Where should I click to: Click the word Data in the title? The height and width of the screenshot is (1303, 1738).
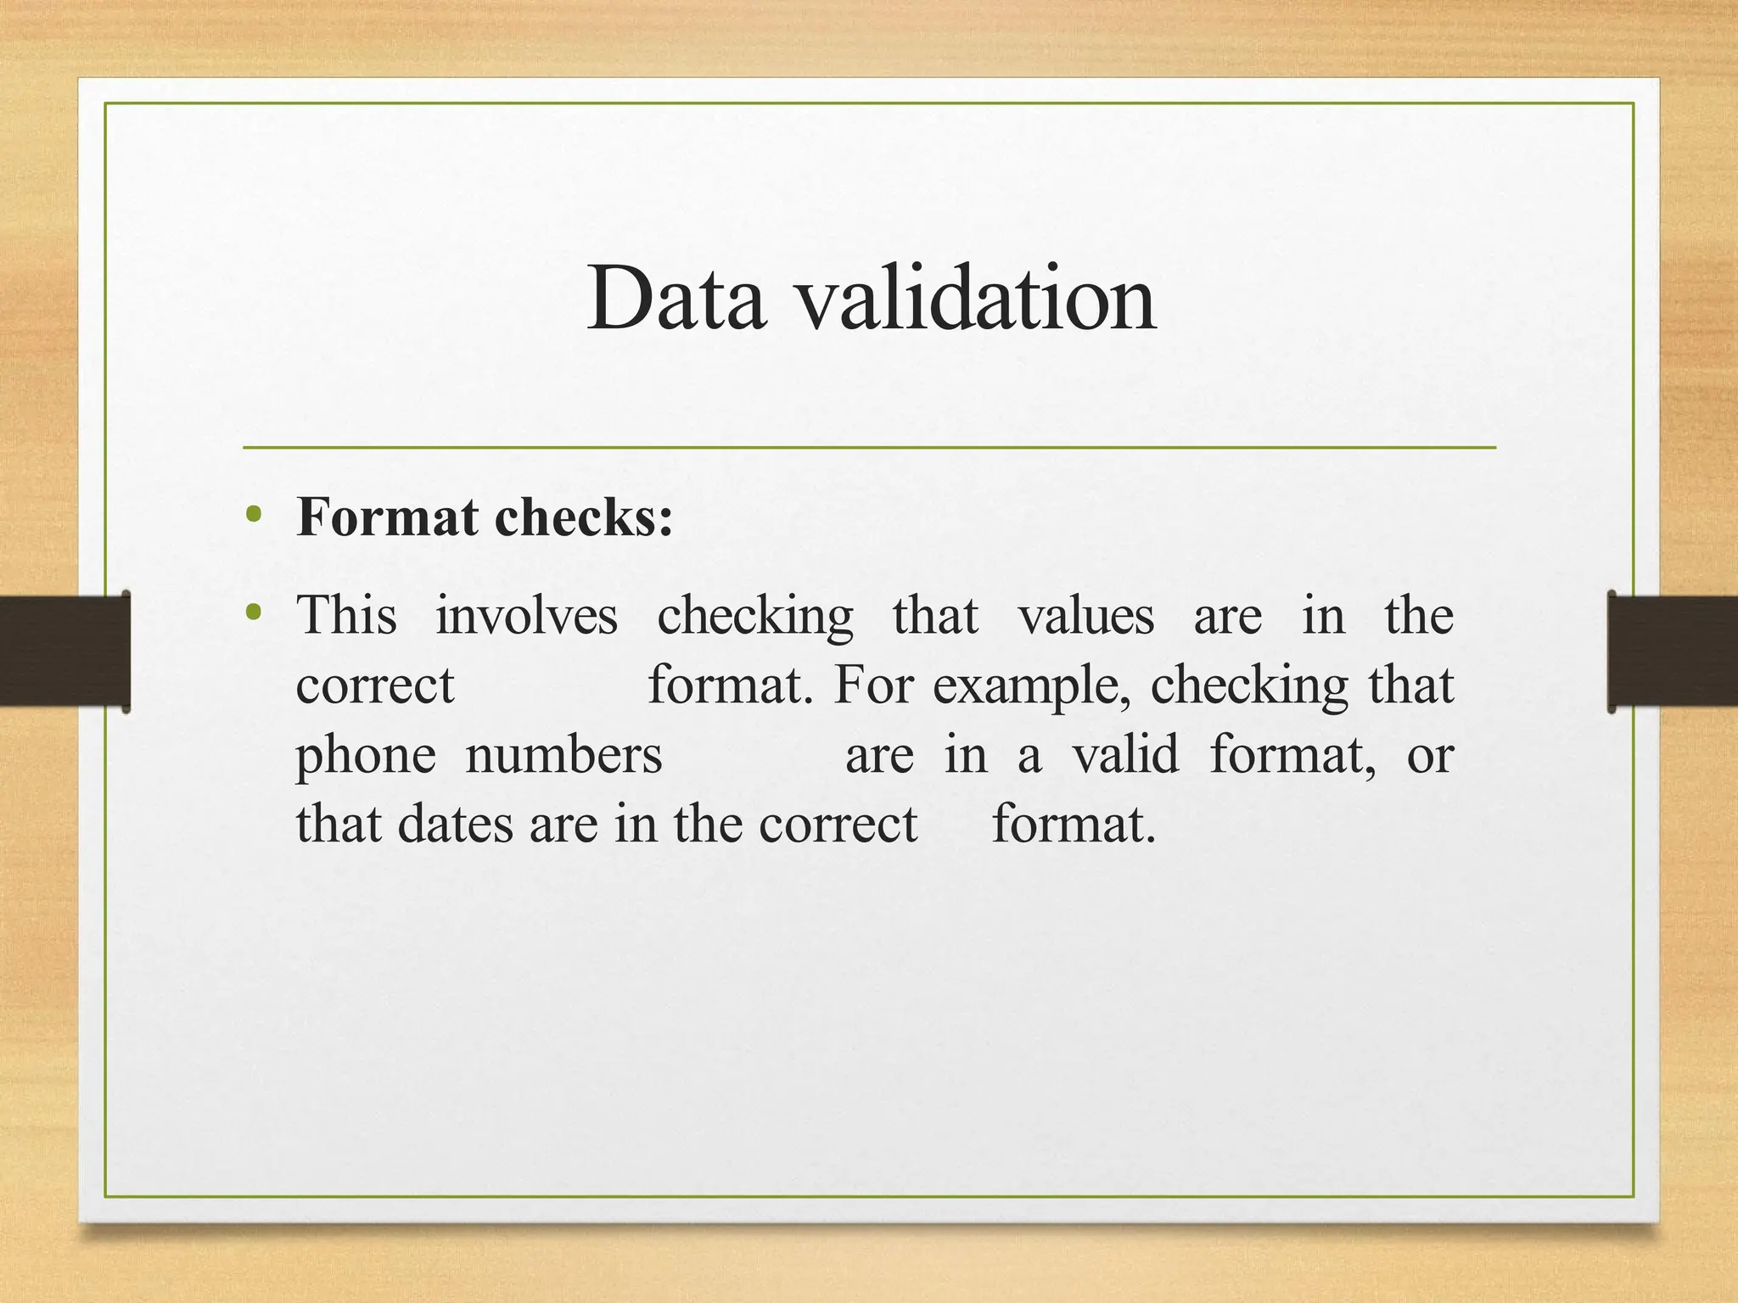tap(676, 299)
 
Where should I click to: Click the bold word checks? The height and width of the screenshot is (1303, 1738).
tap(584, 517)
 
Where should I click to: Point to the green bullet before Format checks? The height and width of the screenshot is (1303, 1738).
tap(252, 514)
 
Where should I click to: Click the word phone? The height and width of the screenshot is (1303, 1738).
tap(366, 755)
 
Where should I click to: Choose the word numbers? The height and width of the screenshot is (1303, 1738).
tap(563, 755)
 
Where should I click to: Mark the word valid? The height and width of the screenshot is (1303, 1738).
tap(1125, 755)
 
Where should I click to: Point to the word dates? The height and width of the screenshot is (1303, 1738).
tap(455, 825)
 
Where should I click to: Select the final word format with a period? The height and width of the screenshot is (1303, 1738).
tap(1074, 825)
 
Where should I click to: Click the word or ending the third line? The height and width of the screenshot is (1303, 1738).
tap(1430, 755)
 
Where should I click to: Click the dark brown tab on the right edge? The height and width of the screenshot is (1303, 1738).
tap(1673, 651)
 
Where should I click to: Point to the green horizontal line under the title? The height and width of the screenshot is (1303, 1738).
tap(869, 447)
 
